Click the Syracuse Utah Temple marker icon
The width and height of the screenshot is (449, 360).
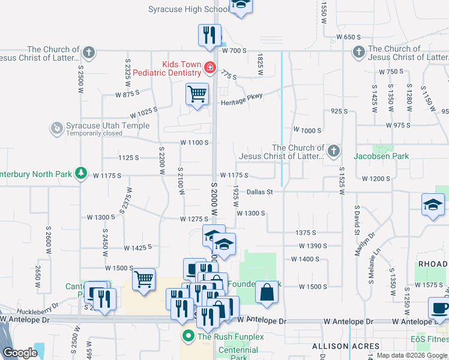pyautogui.click(x=56, y=128)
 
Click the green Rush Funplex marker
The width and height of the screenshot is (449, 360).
pyautogui.click(x=188, y=336)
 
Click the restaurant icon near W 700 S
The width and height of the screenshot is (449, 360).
pyautogui.click(x=209, y=35)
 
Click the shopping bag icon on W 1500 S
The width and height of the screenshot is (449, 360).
pyautogui.click(x=267, y=293)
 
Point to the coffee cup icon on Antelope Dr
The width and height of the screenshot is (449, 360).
pyautogui.click(x=439, y=308)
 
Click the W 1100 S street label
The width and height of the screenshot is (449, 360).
pyautogui.click(x=194, y=143)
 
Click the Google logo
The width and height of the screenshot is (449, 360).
pyautogui.click(x=20, y=353)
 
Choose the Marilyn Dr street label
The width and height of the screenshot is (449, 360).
pyautogui.click(x=364, y=244)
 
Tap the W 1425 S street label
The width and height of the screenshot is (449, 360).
pyautogui.click(x=138, y=247)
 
